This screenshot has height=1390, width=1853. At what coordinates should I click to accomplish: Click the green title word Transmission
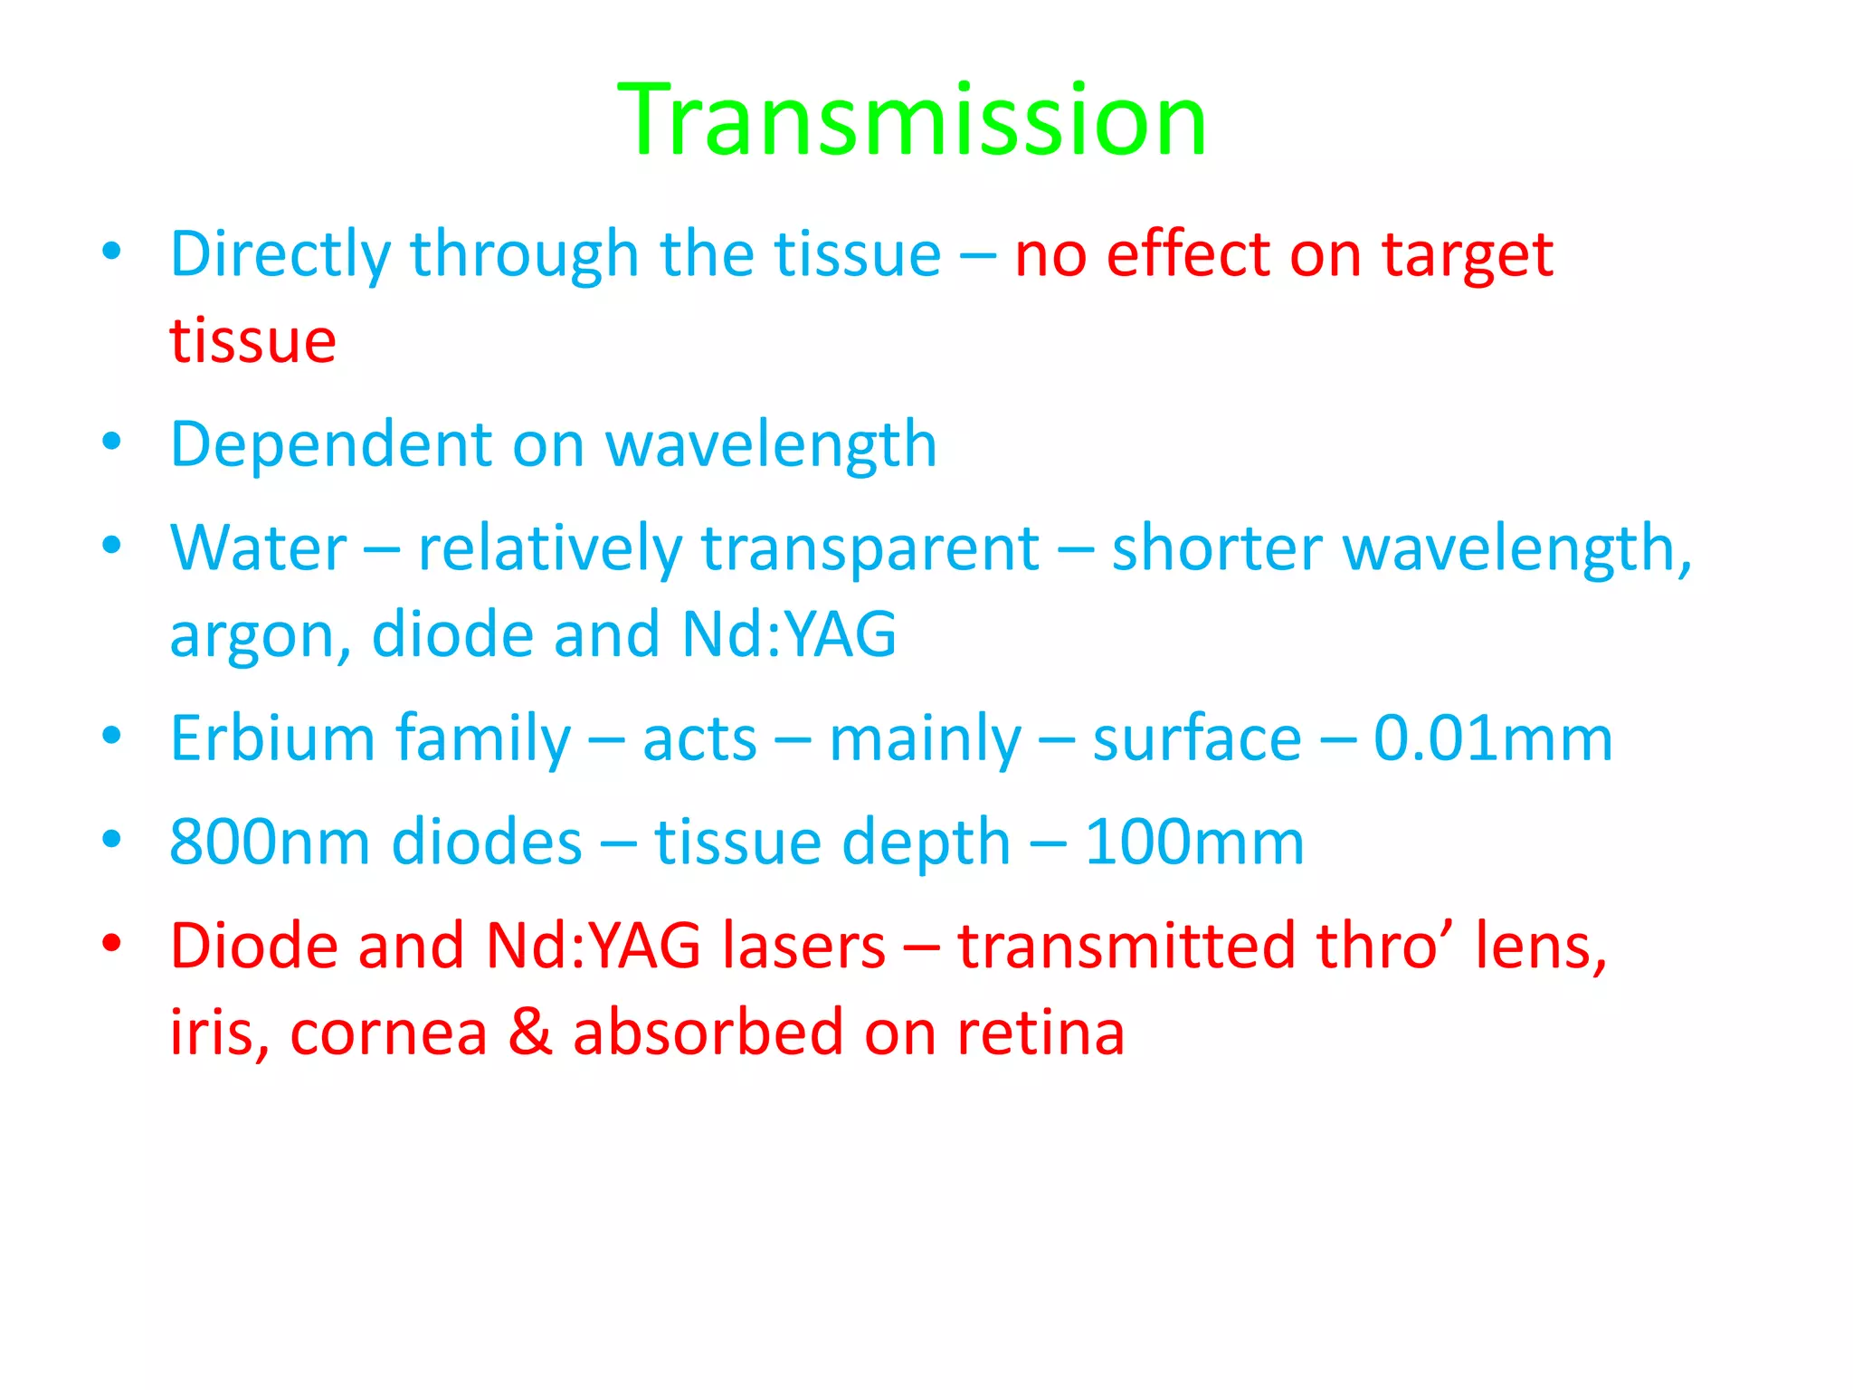[x=912, y=120]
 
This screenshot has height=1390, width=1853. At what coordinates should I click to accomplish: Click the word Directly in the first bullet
[x=280, y=255]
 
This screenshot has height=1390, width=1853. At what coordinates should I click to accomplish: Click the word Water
[x=259, y=548]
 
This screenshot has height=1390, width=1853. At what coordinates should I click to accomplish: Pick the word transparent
[x=870, y=550]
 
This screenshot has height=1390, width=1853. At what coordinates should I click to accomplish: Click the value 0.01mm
[x=1493, y=738]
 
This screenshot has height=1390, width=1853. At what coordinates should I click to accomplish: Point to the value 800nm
[x=270, y=843]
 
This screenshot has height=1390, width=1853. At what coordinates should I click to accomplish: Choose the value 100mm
[x=1194, y=843]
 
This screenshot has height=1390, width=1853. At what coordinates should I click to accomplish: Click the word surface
[x=1196, y=738]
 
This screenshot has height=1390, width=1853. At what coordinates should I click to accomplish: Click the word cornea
[x=388, y=1033]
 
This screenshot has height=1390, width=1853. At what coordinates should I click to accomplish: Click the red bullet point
[x=111, y=944]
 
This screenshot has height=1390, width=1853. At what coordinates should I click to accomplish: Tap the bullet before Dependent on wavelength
[x=111, y=443]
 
